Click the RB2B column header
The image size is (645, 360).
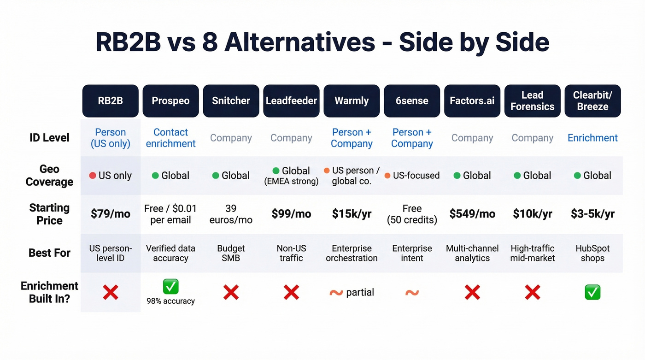click(111, 101)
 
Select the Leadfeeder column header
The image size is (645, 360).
click(291, 101)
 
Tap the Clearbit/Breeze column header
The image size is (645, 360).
click(592, 101)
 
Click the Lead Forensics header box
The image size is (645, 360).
click(532, 101)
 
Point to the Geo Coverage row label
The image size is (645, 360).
click(49, 176)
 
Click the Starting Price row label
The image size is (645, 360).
click(49, 214)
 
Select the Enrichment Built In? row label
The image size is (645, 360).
click(49, 292)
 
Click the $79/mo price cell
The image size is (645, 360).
click(111, 214)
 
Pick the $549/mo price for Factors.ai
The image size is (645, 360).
click(472, 214)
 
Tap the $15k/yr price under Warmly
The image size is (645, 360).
click(352, 214)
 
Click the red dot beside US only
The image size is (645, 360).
click(92, 176)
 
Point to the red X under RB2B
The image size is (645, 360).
click(111, 292)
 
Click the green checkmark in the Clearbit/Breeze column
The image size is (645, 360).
click(592, 292)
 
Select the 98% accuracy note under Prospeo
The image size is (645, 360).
click(170, 301)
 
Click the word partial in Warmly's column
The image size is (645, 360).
click(360, 292)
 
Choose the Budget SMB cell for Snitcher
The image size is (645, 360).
click(231, 253)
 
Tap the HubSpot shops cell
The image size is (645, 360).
click(592, 253)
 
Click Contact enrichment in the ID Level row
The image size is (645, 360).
click(170, 138)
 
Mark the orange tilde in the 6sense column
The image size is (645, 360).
click(412, 292)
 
